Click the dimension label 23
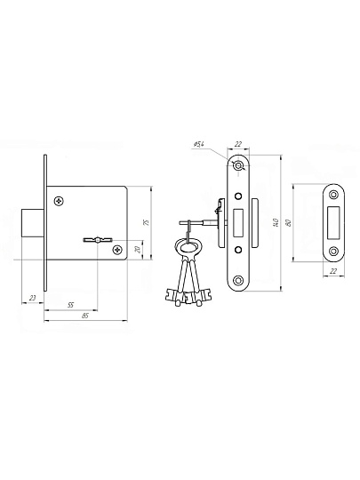(x=33, y=298)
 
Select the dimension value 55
(x=70, y=305)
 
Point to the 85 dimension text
(x=85, y=316)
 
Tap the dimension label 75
(x=147, y=222)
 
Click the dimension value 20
(x=138, y=250)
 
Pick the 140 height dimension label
(x=276, y=222)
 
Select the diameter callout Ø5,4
(x=199, y=145)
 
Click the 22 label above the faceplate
(x=238, y=145)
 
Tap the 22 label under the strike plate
(x=334, y=271)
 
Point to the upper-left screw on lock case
(x=59, y=201)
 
